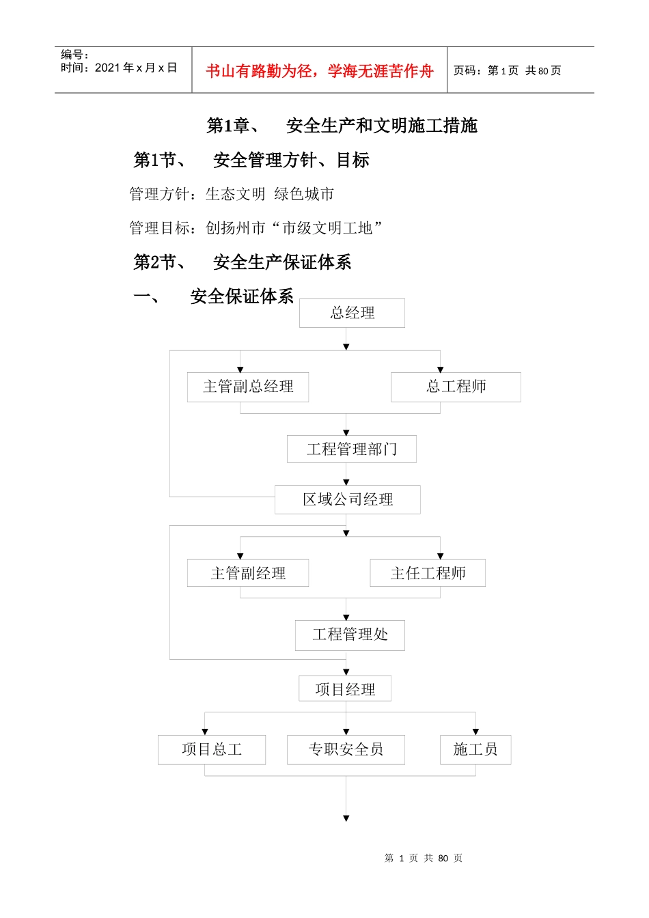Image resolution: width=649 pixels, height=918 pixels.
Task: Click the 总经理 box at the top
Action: click(352, 313)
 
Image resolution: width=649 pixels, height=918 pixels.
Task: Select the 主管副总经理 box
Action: click(248, 387)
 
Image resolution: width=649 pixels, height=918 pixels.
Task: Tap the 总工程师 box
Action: click(456, 387)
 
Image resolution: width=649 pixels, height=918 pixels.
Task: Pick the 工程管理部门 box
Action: click(351, 449)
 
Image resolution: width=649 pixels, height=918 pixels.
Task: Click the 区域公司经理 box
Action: click(347, 499)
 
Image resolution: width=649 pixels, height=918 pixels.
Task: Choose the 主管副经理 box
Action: click(248, 573)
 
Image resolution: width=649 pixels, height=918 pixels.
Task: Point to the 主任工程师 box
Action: click(428, 573)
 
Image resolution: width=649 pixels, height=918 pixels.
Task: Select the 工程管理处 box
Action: click(350, 635)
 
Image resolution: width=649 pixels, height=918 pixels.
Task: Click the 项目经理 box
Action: click(345, 689)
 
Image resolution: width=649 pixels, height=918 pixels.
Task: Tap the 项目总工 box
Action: click(212, 750)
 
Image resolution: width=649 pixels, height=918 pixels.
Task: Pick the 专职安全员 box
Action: click(346, 750)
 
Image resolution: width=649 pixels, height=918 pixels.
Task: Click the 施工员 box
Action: click(475, 750)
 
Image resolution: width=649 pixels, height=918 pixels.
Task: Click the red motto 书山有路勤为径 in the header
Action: click(320, 71)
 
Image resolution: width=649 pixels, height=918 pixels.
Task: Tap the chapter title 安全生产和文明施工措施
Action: click(381, 126)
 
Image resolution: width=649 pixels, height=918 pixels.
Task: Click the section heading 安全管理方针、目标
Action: click(291, 160)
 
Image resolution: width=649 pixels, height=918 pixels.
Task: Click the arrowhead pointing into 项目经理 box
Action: click(346, 672)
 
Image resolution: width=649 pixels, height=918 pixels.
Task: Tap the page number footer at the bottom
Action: click(424, 858)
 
